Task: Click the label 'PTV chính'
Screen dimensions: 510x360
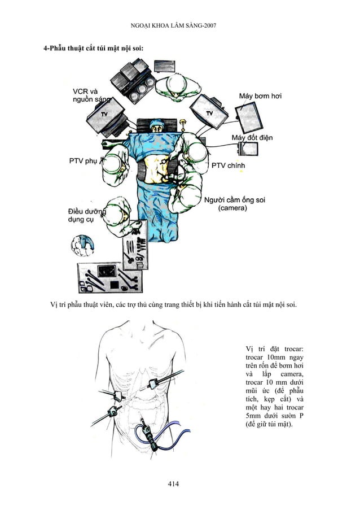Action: click(x=230, y=165)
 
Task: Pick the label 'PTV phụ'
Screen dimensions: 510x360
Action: click(x=83, y=160)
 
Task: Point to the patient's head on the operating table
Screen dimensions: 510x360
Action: click(x=157, y=127)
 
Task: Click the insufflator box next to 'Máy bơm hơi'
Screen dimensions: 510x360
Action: click(x=248, y=116)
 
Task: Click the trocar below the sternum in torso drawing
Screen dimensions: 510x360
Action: click(x=153, y=385)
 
